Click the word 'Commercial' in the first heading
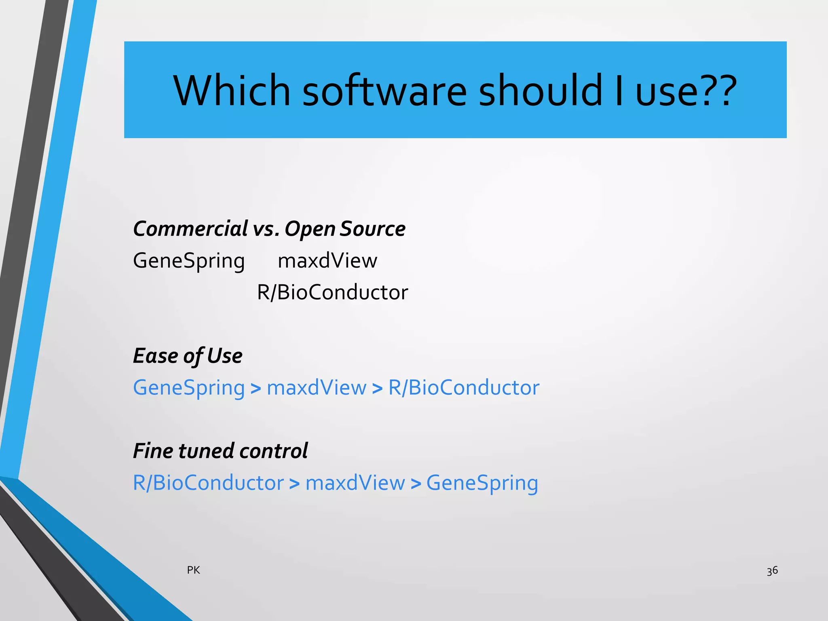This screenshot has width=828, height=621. (x=190, y=229)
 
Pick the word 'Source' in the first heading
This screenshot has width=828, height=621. (x=372, y=229)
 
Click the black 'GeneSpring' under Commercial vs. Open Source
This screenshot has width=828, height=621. (x=189, y=261)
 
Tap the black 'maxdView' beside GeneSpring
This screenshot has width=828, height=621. (x=327, y=261)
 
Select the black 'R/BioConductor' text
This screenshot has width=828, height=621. (x=332, y=292)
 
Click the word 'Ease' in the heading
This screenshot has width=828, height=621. (x=155, y=356)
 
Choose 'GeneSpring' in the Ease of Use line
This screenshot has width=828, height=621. (x=189, y=388)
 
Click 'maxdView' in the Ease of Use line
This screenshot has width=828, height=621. (x=317, y=388)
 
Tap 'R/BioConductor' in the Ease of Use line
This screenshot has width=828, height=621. (x=464, y=388)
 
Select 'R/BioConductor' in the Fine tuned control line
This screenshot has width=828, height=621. (x=208, y=483)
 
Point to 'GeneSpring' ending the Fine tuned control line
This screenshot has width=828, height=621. (x=482, y=483)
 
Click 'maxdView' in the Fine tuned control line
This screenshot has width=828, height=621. (x=355, y=483)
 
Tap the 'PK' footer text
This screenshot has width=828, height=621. (x=193, y=570)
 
